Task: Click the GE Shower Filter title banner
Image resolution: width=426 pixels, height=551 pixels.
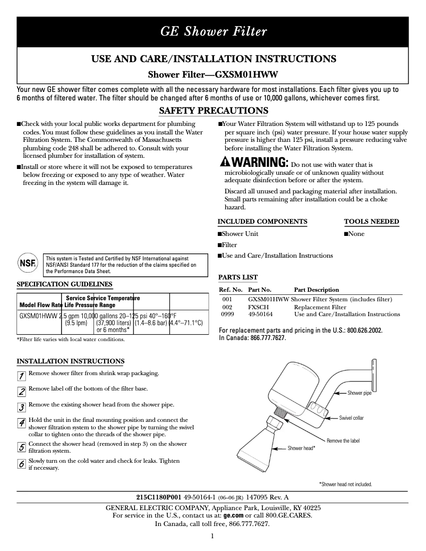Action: pyautogui.click(x=213, y=31)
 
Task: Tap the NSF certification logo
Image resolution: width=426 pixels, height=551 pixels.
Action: pyautogui.click(x=27, y=263)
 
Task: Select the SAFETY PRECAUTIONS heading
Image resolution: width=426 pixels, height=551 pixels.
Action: pyautogui.click(x=214, y=111)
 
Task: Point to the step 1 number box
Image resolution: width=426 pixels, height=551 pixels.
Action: pyautogui.click(x=22, y=376)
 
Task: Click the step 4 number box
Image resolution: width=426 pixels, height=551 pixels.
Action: pyautogui.click(x=22, y=423)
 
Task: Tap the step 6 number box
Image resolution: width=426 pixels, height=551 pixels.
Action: pyautogui.click(x=22, y=464)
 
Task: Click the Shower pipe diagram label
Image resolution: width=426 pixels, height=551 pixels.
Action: pyautogui.click(x=359, y=393)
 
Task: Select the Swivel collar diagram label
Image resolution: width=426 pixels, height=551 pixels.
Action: pyautogui.click(x=351, y=418)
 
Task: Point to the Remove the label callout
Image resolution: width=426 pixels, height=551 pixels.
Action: pyautogui.click(x=343, y=441)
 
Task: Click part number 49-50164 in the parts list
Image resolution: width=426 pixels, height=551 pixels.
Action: pyautogui.click(x=260, y=314)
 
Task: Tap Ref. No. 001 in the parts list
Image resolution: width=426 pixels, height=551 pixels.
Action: pyautogui.click(x=227, y=300)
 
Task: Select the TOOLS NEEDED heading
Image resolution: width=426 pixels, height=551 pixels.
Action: pyautogui.click(x=371, y=222)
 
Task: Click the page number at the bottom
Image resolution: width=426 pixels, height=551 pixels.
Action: pyautogui.click(x=212, y=536)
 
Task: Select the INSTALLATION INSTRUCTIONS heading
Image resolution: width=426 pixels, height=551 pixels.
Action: pyautogui.click(x=71, y=361)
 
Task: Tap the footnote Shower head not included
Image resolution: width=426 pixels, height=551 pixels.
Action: pyautogui.click(x=345, y=484)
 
